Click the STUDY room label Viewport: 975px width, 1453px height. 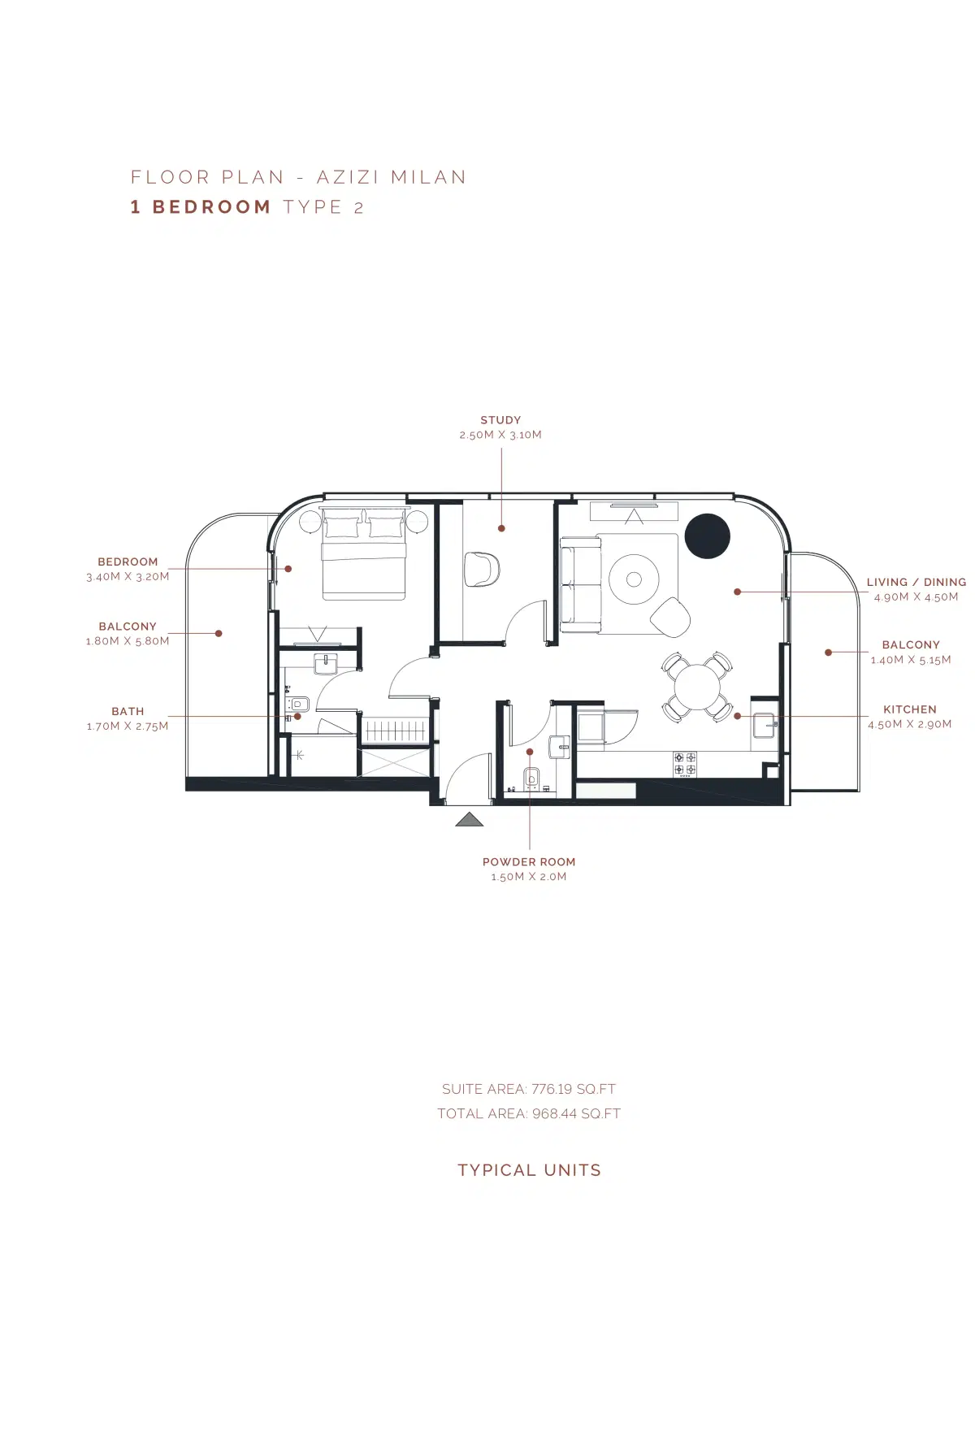pyautogui.click(x=500, y=420)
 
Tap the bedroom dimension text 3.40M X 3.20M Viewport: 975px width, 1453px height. pyautogui.click(x=128, y=577)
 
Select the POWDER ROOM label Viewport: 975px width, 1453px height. pyautogui.click(x=529, y=862)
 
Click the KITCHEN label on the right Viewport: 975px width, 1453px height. pyautogui.click(x=909, y=709)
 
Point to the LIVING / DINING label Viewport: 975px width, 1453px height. pyautogui.click(x=916, y=582)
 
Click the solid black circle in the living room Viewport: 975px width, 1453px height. pyautogui.click(x=708, y=536)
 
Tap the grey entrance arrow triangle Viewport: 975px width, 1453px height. pyautogui.click(x=470, y=819)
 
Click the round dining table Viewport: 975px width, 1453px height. pyautogui.click(x=697, y=687)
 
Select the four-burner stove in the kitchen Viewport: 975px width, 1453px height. pyautogui.click(x=684, y=764)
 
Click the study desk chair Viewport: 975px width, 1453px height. pyautogui.click(x=482, y=568)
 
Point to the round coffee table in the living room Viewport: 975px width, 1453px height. pyautogui.click(x=634, y=579)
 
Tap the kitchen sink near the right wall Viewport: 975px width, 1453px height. pyautogui.click(x=765, y=724)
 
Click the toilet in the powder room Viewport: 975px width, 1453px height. pyautogui.click(x=531, y=778)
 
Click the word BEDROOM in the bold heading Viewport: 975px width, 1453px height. pyautogui.click(x=211, y=207)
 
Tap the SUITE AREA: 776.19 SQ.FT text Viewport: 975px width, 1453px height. pyautogui.click(x=529, y=1089)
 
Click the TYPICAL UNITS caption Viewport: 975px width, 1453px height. pyautogui.click(x=529, y=1170)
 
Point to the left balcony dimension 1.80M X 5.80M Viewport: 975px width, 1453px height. pyautogui.click(x=128, y=641)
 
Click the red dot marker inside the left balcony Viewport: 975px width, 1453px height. pyautogui.click(x=219, y=633)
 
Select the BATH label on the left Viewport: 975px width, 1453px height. pyautogui.click(x=128, y=711)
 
